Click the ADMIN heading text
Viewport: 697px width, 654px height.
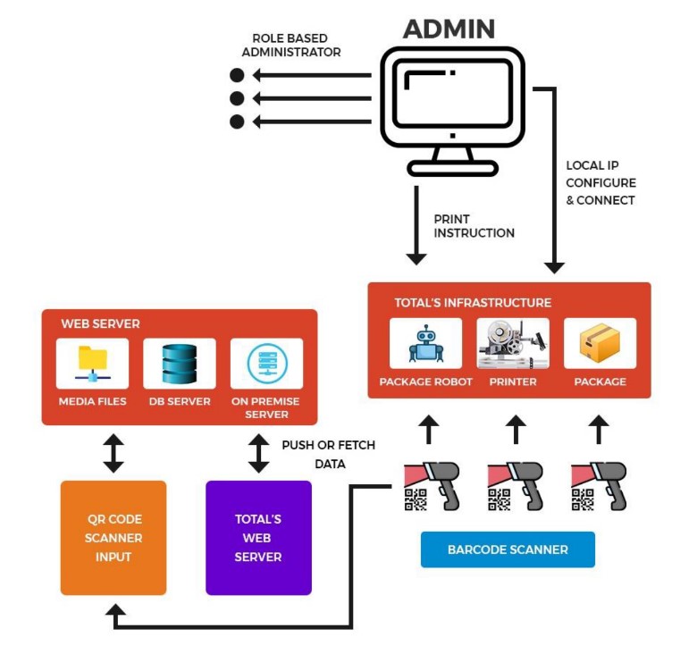pos(449,29)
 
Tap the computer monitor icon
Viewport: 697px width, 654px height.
pos(452,107)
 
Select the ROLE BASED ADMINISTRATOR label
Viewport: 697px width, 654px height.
pos(290,46)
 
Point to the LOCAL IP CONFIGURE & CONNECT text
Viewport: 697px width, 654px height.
pos(600,183)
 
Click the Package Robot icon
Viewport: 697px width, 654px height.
pos(425,342)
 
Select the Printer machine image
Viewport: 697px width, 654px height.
pos(513,342)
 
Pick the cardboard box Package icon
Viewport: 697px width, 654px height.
pos(600,342)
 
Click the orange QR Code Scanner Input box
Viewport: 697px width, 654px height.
pos(113,538)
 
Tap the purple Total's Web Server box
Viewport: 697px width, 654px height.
pos(258,538)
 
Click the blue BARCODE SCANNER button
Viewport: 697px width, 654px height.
pos(508,549)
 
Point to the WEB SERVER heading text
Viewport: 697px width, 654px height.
pos(100,323)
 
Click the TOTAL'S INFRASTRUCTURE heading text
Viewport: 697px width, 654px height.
pos(473,303)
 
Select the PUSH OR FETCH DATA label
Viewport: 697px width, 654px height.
pos(329,455)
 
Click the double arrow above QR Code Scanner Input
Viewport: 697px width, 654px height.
pos(113,453)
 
